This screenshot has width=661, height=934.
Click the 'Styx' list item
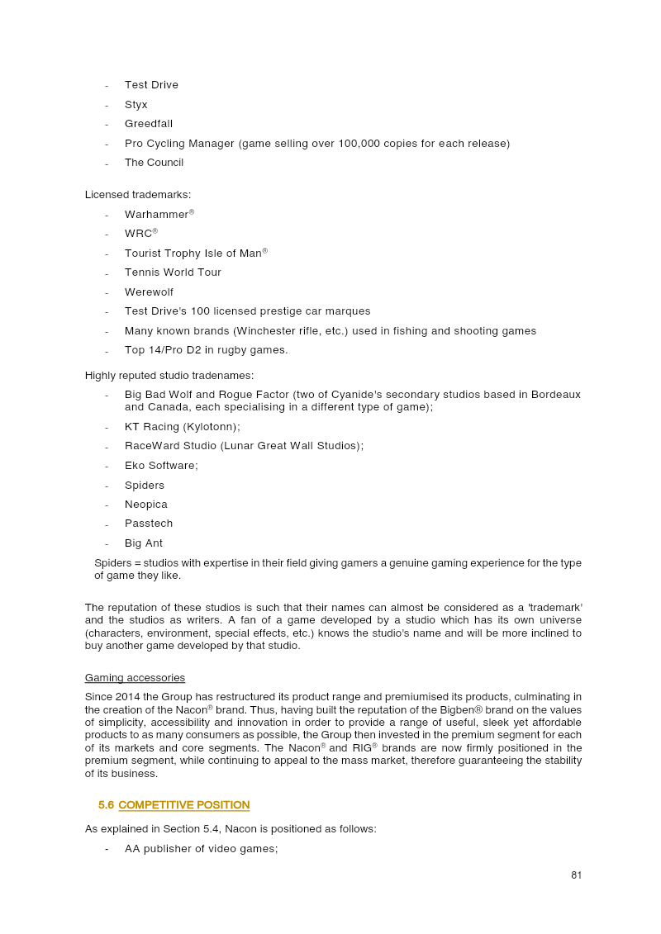pos(136,105)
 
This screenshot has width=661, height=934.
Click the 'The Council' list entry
pos(154,163)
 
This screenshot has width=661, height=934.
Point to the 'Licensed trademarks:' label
pos(138,194)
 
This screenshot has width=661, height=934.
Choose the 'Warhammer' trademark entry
pos(157,215)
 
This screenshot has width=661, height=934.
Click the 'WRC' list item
pos(139,234)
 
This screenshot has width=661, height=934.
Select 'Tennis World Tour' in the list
pos(173,273)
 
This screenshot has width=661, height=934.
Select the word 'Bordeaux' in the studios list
pos(555,395)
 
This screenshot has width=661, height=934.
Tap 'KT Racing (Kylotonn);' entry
pos(183,427)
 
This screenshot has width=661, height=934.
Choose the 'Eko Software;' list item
pos(161,466)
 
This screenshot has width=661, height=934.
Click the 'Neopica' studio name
pos(146,505)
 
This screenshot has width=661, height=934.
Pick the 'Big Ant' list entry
pos(144,543)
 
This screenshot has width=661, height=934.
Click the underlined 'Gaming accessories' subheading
pos(135,678)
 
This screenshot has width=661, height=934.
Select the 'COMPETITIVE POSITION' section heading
pos(183,805)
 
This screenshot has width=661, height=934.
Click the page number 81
pos(576,875)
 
